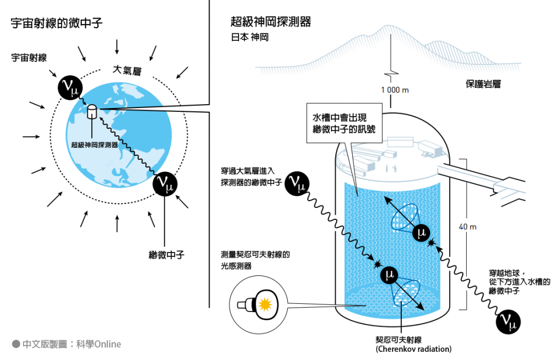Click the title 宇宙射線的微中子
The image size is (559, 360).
[x=57, y=23]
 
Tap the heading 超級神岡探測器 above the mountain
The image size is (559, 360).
[x=271, y=22]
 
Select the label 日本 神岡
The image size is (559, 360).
[x=249, y=38]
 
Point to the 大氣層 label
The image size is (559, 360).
[x=127, y=70]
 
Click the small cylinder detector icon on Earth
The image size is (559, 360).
[x=92, y=111]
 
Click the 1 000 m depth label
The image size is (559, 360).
[x=395, y=90]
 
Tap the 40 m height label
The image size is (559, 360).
[x=467, y=227]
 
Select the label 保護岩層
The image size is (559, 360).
[x=483, y=84]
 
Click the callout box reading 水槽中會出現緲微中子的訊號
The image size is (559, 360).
[x=344, y=123]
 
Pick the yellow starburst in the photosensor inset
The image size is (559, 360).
[x=265, y=304]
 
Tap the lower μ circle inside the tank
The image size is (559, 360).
[x=389, y=275]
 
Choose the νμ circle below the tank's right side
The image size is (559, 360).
[x=508, y=322]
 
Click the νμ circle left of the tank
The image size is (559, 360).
[x=297, y=184]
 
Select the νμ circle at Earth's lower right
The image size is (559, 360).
[x=165, y=184]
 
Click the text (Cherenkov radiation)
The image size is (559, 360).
[x=413, y=349]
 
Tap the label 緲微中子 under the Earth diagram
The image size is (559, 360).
[x=166, y=255]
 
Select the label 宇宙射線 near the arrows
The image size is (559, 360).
[x=29, y=58]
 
